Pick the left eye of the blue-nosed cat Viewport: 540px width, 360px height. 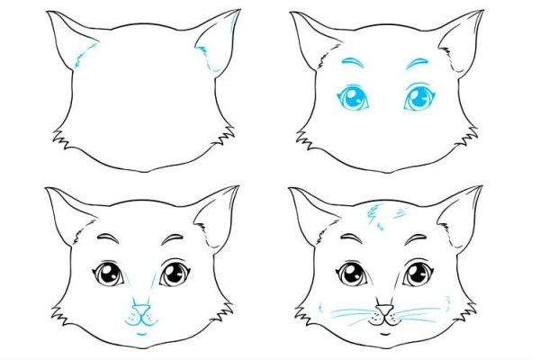click(x=108, y=273)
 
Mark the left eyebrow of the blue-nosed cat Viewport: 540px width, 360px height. click(x=109, y=238)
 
